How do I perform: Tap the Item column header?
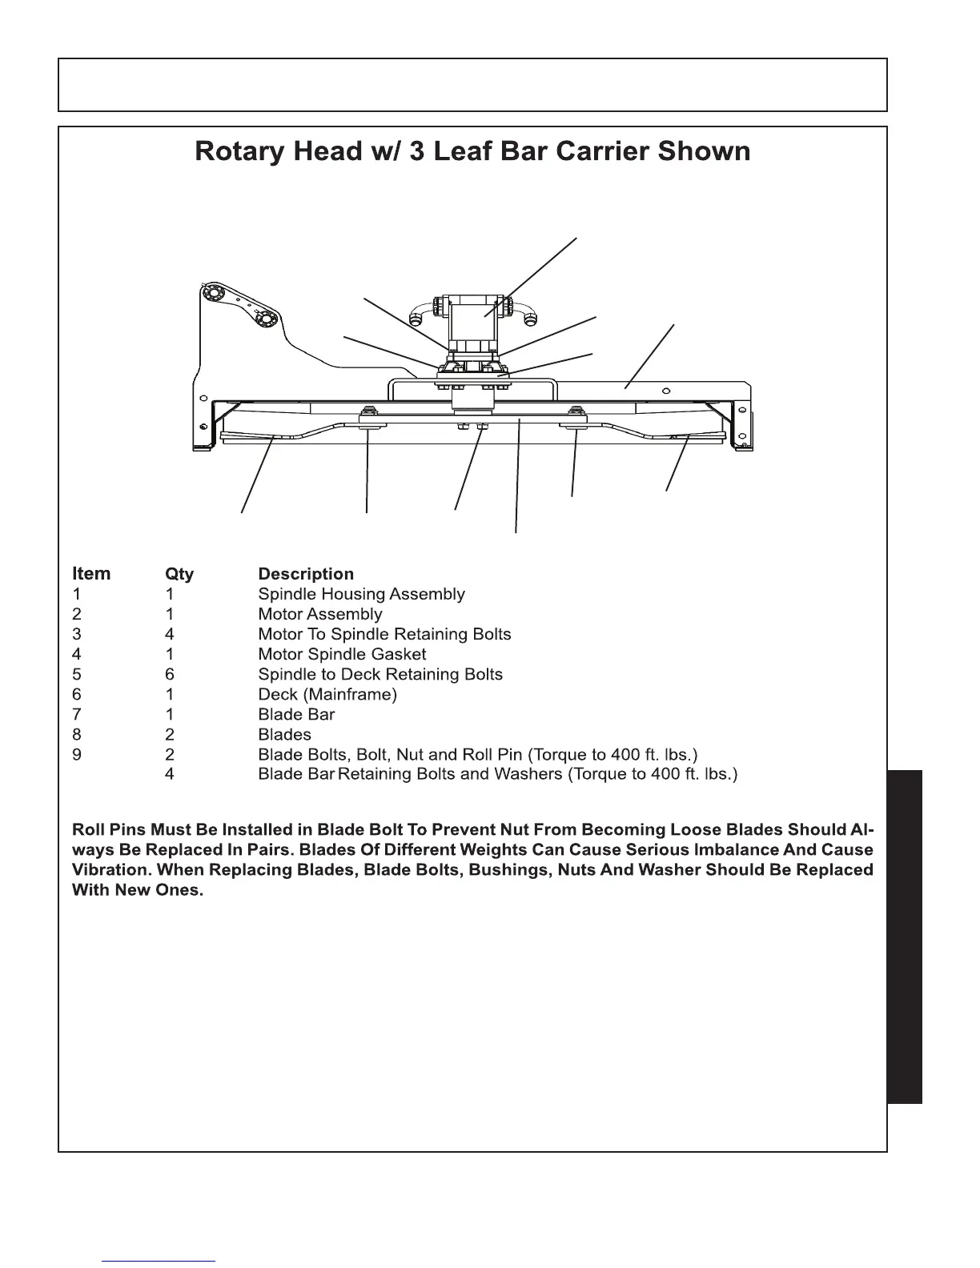coord(91,574)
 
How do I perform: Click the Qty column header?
coord(179,574)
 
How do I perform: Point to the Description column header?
coord(305,574)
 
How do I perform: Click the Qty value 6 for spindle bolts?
coord(169,674)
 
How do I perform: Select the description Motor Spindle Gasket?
coord(342,654)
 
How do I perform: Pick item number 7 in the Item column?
coord(77,714)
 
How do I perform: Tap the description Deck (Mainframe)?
coord(327,694)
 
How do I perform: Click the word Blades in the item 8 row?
coord(284,734)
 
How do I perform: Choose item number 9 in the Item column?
coord(77,754)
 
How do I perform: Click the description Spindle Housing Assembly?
coord(361,594)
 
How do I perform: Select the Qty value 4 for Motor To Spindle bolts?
coord(169,634)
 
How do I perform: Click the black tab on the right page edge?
coord(905,937)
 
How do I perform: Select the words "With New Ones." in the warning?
coord(137,890)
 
